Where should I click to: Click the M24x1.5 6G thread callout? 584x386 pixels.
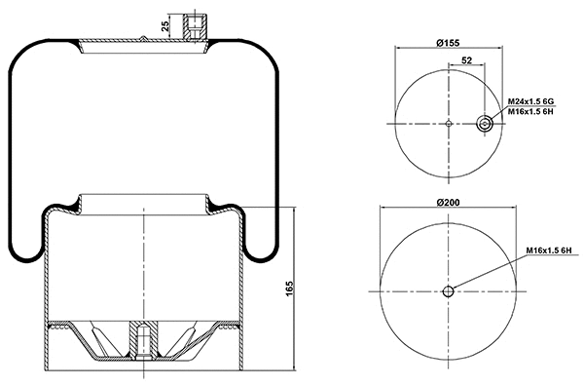530,101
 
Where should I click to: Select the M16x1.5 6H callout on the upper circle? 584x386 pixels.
530,112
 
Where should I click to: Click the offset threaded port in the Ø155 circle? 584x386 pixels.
485,123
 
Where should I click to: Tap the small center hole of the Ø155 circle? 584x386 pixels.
447,123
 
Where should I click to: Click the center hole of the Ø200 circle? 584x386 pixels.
447,291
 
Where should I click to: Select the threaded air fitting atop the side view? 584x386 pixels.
197,24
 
